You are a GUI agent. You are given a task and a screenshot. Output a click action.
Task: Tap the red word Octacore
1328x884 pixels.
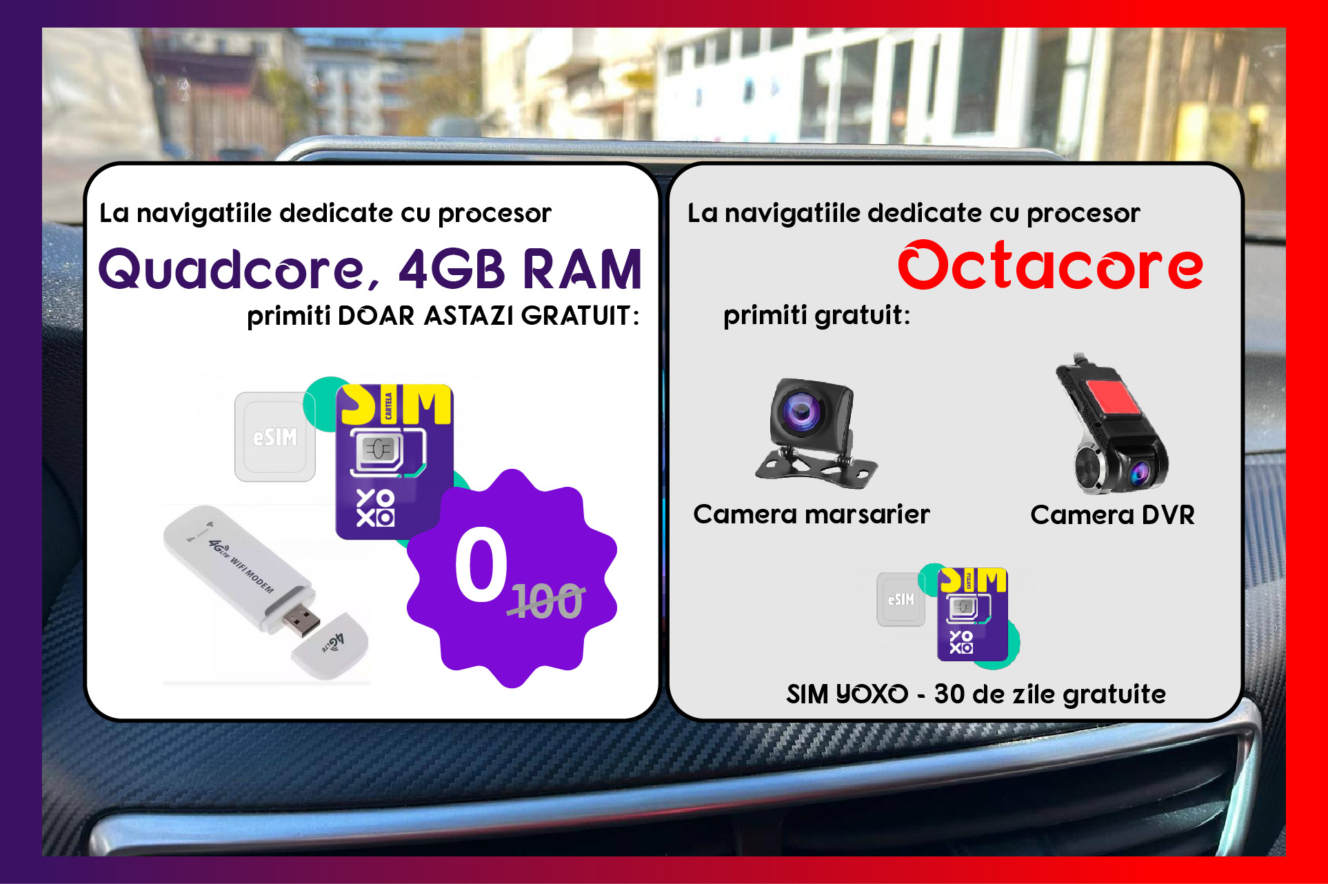pos(1050,265)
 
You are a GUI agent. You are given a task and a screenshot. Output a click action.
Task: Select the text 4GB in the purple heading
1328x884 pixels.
pos(452,269)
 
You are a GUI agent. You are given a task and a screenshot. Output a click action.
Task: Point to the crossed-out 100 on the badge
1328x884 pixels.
pos(547,601)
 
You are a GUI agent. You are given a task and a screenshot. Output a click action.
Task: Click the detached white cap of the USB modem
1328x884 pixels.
pos(330,646)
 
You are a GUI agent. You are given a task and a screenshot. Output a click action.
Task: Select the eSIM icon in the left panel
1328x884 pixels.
pos(275,436)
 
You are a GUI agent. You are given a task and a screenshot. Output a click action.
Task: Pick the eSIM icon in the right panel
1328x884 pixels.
pos(901,599)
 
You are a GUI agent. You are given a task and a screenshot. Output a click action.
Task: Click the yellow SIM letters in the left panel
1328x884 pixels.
pos(396,405)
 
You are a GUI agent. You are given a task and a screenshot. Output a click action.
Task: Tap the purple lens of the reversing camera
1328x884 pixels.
pos(801,412)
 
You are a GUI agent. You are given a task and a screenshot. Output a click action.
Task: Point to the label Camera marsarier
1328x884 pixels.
pos(812,514)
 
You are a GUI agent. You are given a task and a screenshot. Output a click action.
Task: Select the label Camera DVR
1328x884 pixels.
pos(1112,515)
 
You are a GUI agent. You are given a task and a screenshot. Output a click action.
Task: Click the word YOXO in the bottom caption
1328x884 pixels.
pos(872,694)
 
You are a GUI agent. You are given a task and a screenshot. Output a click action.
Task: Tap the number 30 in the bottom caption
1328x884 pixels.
pos(949,694)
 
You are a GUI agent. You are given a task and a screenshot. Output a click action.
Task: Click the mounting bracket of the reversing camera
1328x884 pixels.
pos(816,465)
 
